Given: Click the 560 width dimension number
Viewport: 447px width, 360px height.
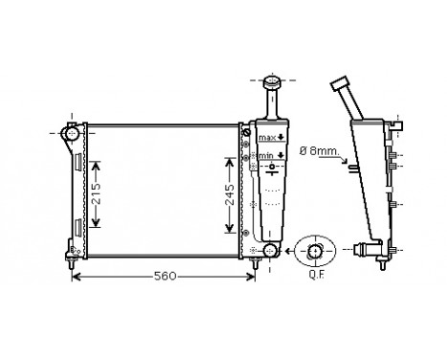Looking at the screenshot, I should pos(166,277).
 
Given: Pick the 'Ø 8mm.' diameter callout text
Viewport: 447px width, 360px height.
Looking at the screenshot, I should pos(320,149).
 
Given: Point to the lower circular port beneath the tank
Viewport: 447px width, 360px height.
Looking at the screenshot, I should pos(269,252).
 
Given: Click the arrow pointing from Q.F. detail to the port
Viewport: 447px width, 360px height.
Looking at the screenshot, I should pos(287,252).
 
